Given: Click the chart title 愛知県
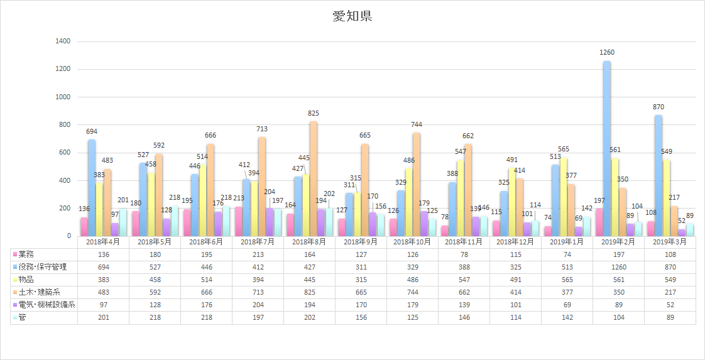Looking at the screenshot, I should pos(352,16).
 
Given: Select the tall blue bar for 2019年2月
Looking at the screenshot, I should pos(607,148).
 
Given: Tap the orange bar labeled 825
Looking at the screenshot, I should pos(314,179).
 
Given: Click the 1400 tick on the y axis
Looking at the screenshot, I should pos(64,41).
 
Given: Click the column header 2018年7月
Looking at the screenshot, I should pos(258,242).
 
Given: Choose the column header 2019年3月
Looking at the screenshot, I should pos(670,242).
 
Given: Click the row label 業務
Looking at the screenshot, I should pos(28,254).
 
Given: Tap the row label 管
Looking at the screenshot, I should pos(23,318).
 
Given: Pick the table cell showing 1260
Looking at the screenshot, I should pos(619,267).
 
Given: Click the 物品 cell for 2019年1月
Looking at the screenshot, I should pos(567,280).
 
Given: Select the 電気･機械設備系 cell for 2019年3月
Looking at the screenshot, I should pos(670,305).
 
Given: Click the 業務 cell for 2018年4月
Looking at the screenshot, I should pos(103,254).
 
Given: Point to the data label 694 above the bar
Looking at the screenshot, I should pos(92,131).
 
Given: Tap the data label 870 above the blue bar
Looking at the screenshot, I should pos(659,107).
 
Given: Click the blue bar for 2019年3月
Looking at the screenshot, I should pos(659,176).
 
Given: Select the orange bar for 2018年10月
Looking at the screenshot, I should pos(417,185).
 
